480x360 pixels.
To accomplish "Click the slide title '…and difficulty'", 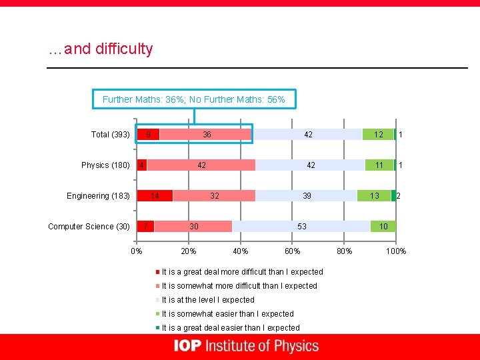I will [101, 49].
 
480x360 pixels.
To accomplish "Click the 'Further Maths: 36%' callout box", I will [193, 99].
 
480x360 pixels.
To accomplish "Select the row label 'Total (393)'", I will [110, 135].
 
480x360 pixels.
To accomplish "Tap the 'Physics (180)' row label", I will [105, 165].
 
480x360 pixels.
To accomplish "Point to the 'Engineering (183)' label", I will [98, 196].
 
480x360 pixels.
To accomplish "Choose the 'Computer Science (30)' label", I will [89, 227].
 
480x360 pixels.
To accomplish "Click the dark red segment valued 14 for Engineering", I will [155, 196].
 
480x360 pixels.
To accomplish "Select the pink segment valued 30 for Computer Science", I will [193, 227].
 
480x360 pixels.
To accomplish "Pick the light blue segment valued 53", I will [301, 227].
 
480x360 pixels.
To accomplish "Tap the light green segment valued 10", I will [383, 227].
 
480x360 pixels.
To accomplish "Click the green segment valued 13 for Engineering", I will [374, 196].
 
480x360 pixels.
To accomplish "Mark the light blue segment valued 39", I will [306, 196].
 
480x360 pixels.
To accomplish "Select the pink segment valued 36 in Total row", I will [207, 135].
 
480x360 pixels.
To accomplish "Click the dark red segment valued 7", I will [145, 227].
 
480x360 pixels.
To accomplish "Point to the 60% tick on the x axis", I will [292, 251].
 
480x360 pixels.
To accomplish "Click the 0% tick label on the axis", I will [136, 251].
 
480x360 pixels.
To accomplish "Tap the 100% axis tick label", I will [396, 251].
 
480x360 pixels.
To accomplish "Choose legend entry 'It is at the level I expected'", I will [207, 300].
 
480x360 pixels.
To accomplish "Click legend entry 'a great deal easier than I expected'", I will [230, 328].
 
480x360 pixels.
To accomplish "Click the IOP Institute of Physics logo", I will [246, 346].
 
